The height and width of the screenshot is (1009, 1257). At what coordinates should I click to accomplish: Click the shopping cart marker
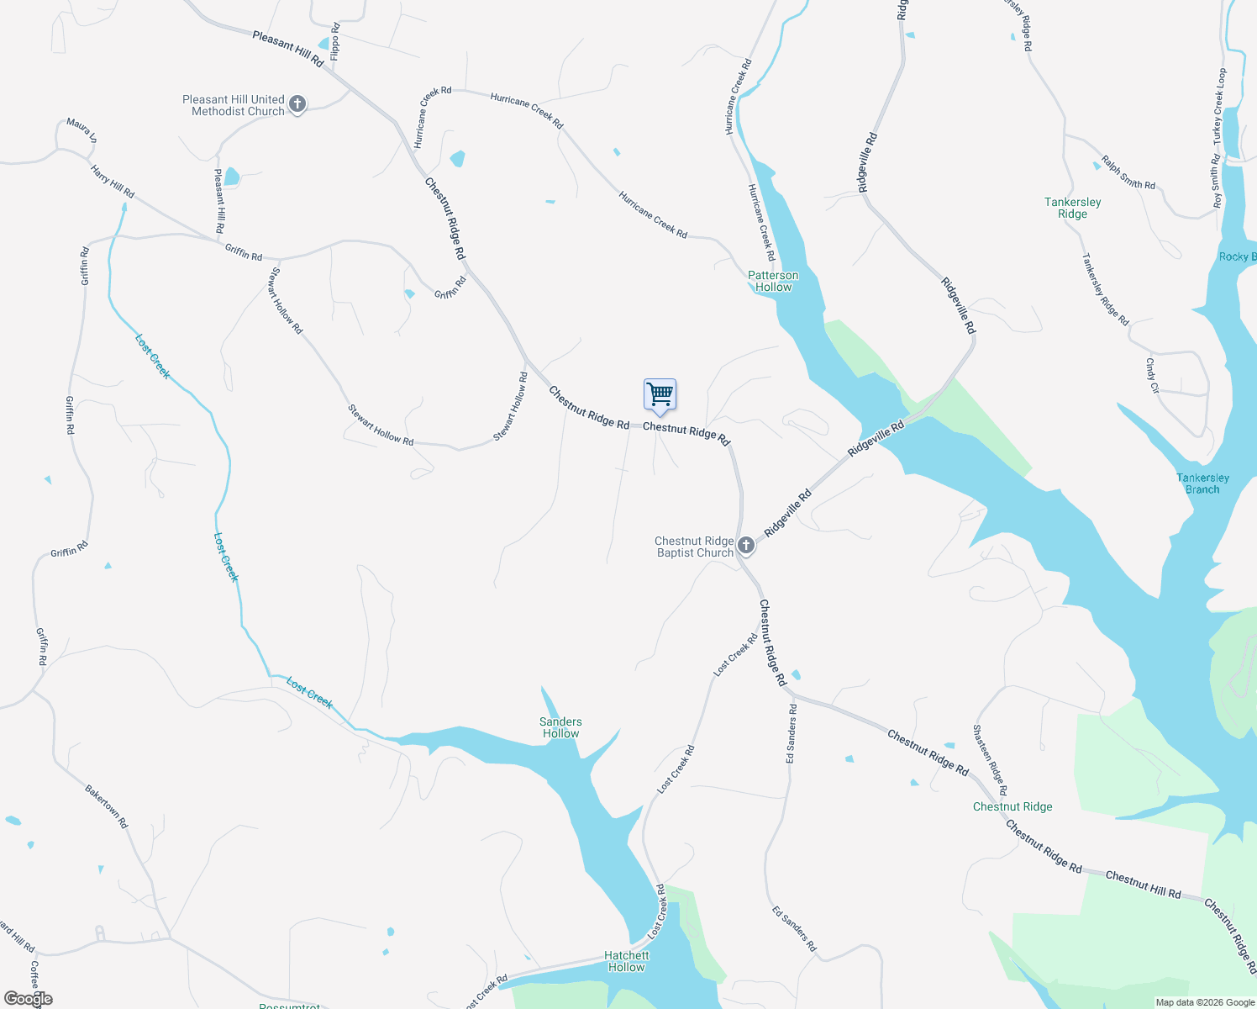point(660,394)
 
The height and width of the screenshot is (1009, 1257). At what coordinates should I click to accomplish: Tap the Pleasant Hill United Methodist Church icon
point(297,105)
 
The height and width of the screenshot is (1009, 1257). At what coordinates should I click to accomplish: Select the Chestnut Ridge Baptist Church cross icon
point(745,547)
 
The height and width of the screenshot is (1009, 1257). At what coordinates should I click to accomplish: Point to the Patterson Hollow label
point(773,281)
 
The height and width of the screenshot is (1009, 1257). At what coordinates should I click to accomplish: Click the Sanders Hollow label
point(560,727)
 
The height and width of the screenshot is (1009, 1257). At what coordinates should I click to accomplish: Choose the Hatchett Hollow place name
point(626,961)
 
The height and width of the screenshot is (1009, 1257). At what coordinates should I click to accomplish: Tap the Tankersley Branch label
point(1202,483)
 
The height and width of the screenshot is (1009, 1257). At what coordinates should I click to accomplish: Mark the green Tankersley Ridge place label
point(1072,208)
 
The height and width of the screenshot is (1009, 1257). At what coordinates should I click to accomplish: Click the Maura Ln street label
point(82,129)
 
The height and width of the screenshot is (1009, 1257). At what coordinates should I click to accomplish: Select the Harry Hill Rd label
point(113,181)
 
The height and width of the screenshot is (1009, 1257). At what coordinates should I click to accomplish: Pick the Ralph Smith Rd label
point(1128,172)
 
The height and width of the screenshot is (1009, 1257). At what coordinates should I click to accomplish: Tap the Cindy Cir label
point(1151,376)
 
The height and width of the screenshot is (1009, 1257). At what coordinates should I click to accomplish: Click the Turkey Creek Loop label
point(1219,104)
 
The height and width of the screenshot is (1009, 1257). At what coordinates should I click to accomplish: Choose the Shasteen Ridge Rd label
point(989,759)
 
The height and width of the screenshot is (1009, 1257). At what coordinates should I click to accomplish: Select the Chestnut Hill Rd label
point(1143,885)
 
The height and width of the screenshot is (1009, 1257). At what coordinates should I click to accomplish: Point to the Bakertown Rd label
point(106,806)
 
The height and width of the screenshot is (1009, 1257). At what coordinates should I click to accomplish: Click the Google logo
point(29,999)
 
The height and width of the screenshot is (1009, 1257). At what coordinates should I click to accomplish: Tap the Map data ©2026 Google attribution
point(1205,1002)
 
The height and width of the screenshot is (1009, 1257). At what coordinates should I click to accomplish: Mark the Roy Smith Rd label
point(1216,181)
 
